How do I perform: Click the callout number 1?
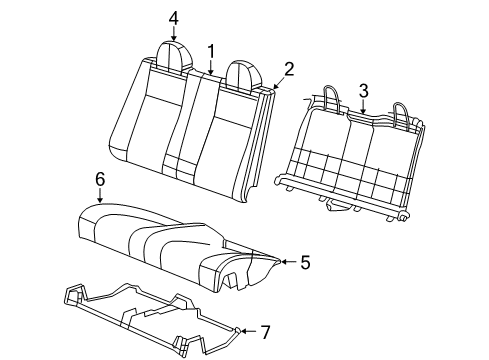(x=211, y=51)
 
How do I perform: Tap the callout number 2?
(x=289, y=69)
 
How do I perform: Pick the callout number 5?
(x=305, y=262)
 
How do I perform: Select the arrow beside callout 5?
(x=285, y=262)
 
